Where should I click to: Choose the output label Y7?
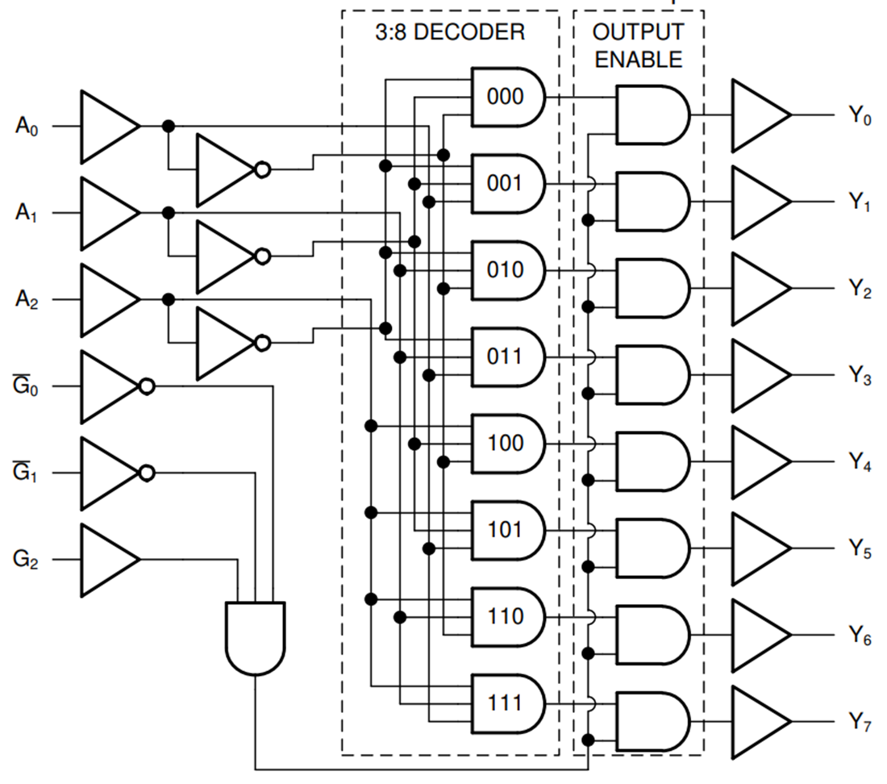pos(860,723)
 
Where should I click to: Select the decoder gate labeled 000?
pos(506,97)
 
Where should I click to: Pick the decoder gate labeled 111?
pos(506,703)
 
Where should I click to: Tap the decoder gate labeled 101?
pos(506,530)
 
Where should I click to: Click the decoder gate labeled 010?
pos(506,269)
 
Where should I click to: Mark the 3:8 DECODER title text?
pos(450,32)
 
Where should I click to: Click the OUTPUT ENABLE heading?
pos(638,45)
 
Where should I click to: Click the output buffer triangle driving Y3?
pos(758,376)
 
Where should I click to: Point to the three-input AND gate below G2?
pos(255,637)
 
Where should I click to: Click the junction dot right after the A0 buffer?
pos(168,127)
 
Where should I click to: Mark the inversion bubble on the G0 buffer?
pos(146,387)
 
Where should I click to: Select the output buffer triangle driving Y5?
pos(758,549)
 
